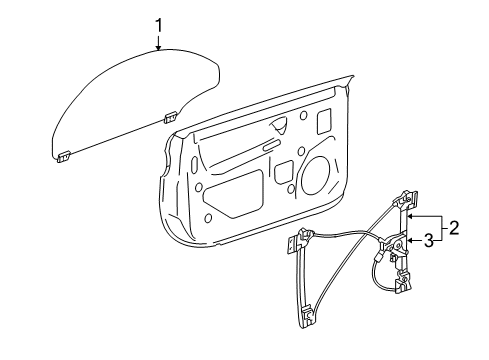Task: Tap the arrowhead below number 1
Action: [x=157, y=46]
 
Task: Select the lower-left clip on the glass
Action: [x=63, y=154]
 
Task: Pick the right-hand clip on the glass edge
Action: [x=170, y=117]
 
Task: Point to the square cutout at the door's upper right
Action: [x=324, y=121]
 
